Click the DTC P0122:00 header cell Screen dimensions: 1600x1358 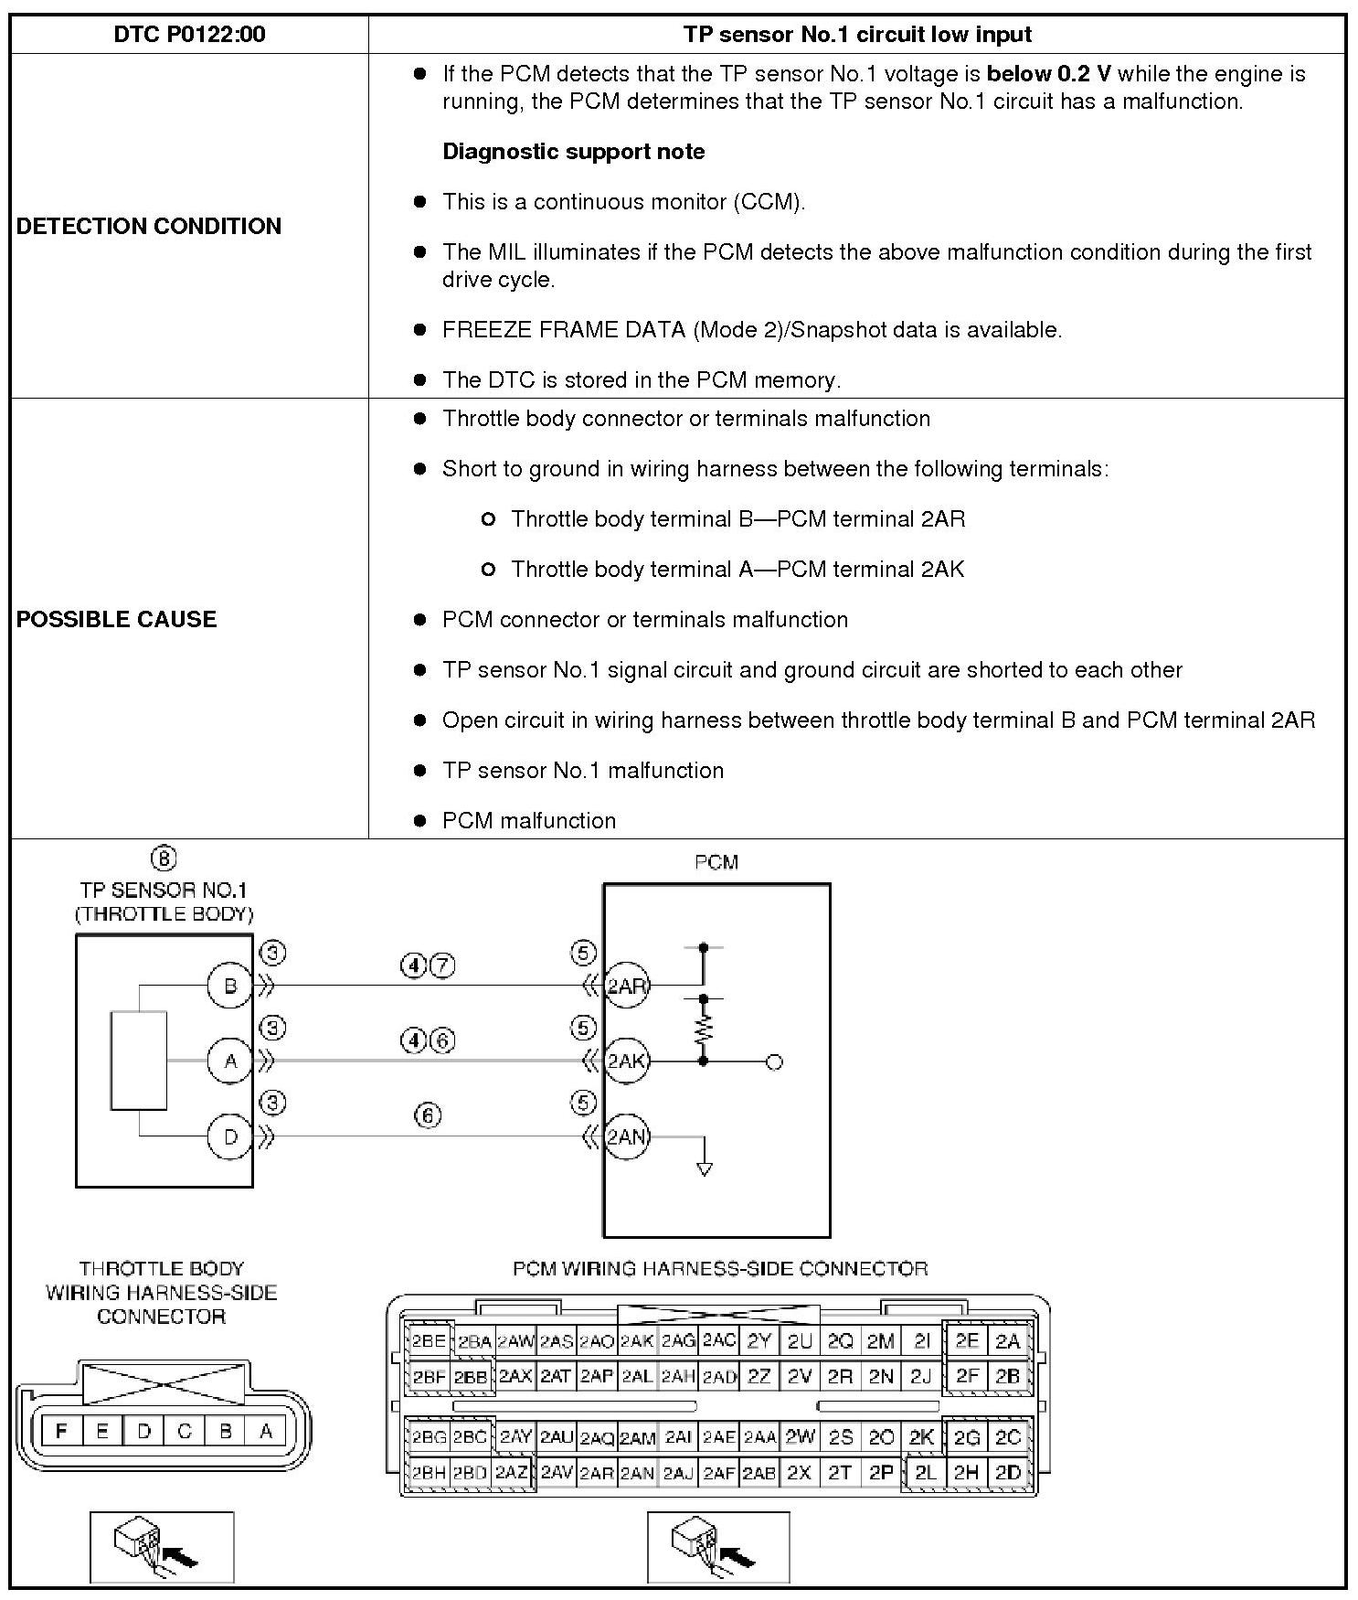click(189, 35)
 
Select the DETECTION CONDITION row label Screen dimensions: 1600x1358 click(149, 226)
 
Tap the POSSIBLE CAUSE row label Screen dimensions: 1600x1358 click(117, 619)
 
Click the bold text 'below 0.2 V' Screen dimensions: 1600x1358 click(1048, 74)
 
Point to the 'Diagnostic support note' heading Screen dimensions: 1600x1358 click(573, 152)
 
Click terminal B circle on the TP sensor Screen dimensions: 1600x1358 click(230, 986)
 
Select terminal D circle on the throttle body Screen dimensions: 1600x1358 click(230, 1136)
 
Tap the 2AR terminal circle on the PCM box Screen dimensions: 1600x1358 click(627, 986)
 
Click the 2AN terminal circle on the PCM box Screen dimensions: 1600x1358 click(627, 1136)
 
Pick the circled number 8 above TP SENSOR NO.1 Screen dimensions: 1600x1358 click(163, 859)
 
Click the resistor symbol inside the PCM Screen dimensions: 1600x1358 click(704, 1031)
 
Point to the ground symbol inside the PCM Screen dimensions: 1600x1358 click(704, 1167)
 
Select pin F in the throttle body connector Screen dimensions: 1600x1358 click(61, 1431)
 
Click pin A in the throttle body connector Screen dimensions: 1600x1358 click(266, 1431)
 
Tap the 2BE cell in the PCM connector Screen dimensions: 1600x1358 click(428, 1342)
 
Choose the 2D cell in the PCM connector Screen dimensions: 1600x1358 click(1008, 1473)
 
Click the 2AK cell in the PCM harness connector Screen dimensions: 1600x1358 click(637, 1342)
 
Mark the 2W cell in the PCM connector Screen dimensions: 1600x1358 click(800, 1437)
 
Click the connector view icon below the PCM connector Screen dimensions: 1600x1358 click(718, 1547)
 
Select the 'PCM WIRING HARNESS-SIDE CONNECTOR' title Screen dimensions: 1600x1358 click(720, 1269)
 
